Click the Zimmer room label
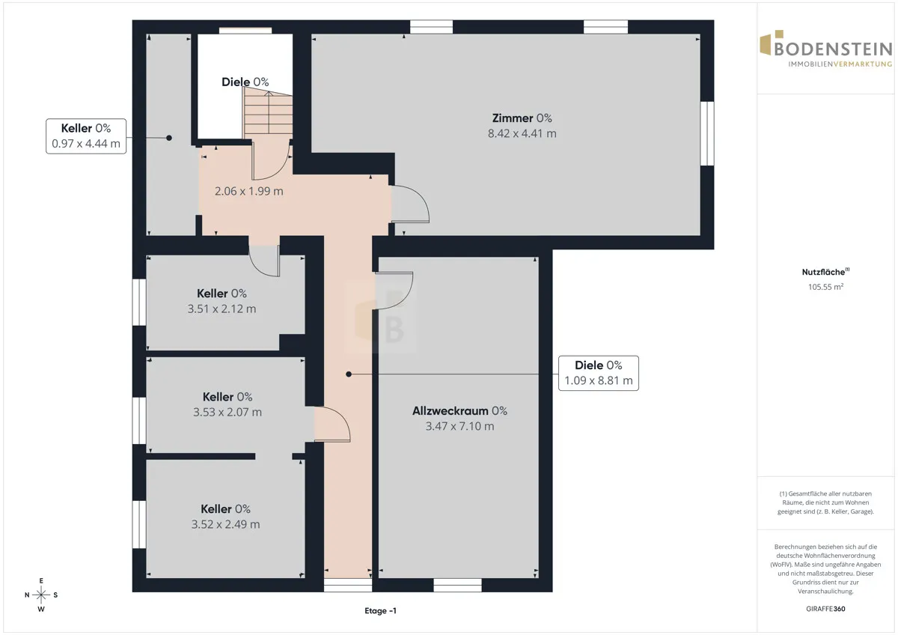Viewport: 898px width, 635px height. [513, 118]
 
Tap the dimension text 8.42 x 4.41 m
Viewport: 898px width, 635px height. [522, 133]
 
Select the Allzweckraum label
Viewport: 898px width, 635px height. [450, 411]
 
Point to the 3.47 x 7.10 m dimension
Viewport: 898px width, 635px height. [459, 426]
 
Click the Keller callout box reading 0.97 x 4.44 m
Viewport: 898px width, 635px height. [86, 136]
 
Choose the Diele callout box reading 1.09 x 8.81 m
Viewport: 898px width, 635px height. [599, 373]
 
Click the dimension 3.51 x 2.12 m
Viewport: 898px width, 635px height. [222, 309]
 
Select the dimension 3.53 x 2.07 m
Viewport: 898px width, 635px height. [227, 412]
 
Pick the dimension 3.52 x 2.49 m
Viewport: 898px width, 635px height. [225, 524]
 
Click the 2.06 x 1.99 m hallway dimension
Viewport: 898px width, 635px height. [249, 191]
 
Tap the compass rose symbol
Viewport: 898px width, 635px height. [41, 595]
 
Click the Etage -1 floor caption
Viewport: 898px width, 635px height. [380, 610]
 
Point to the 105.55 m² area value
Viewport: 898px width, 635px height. [825, 286]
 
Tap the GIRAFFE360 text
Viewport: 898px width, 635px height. [825, 609]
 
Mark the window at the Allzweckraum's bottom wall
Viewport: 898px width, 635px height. [457, 586]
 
